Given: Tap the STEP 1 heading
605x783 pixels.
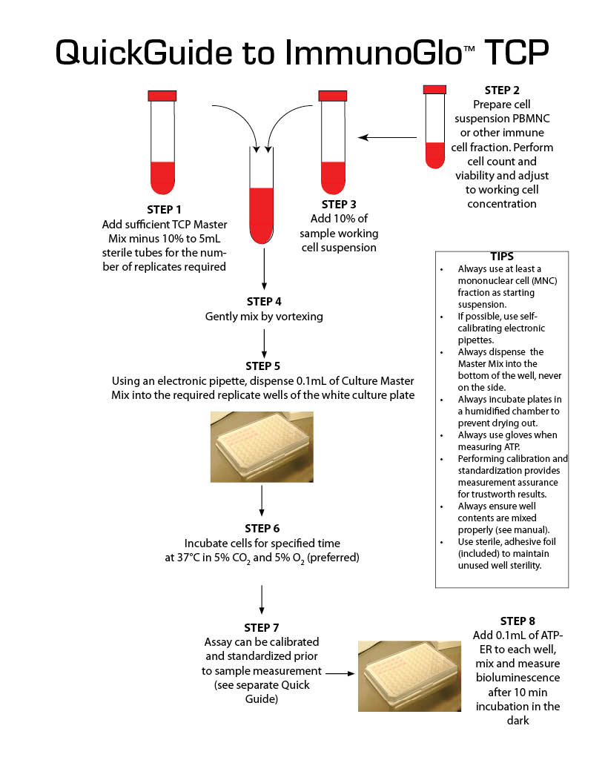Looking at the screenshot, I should (163, 210).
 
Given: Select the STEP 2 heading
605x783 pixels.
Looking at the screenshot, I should (501, 90).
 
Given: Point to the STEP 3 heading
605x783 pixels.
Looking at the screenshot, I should (339, 204).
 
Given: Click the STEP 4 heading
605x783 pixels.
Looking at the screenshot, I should (264, 302).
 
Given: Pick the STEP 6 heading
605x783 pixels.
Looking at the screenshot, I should (262, 528).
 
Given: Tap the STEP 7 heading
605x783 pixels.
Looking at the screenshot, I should (262, 627).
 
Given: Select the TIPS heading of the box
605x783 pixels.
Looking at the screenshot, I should (502, 256).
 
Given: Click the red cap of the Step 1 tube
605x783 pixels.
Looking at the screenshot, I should (162, 96).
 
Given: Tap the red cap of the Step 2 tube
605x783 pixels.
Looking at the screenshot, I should (434, 90).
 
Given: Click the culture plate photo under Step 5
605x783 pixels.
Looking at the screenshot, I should (262, 446).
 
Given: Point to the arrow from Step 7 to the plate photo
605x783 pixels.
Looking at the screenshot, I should (339, 674).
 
